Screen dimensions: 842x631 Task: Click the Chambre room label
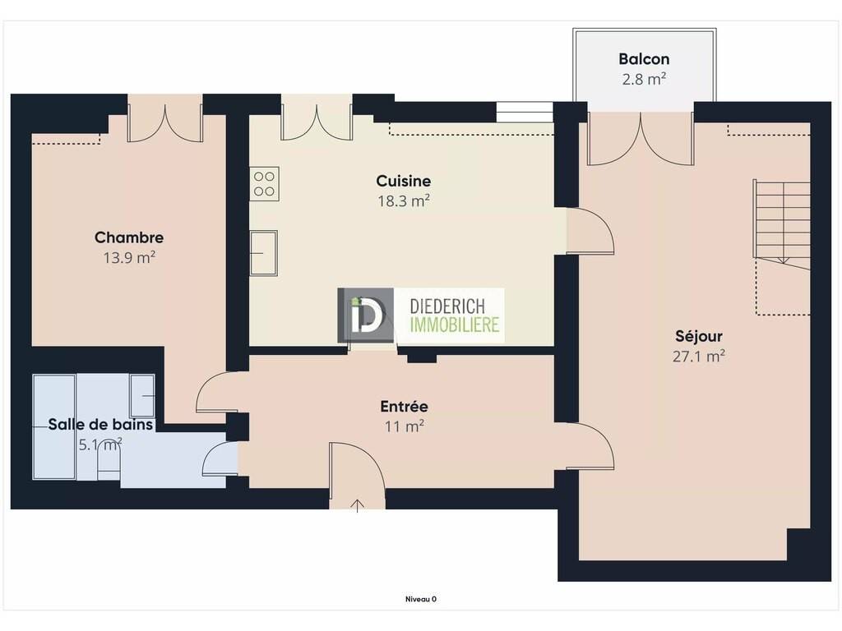129,237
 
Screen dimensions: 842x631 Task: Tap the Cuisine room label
403,181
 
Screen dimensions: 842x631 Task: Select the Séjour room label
699,336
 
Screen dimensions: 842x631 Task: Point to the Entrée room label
404,406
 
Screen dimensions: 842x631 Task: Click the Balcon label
644,58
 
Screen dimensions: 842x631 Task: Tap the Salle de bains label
100,425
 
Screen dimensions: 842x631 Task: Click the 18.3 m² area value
403,200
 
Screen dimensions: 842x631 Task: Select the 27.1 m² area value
699,357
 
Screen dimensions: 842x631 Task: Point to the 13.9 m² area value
129,257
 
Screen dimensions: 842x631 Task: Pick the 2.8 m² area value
644,79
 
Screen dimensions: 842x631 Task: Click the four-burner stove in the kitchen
264,184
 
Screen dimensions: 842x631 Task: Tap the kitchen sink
264,253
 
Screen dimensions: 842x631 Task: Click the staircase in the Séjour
782,224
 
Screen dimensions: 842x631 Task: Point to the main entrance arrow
358,505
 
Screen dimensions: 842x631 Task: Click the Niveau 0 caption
420,599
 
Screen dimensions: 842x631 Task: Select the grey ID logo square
365,315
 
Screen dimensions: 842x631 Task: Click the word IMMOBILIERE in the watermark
454,325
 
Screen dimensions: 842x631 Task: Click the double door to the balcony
641,138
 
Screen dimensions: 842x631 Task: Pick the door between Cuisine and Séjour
590,231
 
